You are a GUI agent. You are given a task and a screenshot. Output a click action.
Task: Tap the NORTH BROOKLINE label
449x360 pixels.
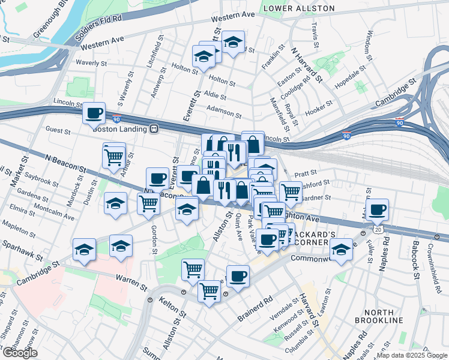pyautogui.click(x=379, y=317)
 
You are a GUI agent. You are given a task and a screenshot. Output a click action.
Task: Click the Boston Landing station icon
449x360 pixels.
pyautogui.click(x=154, y=128)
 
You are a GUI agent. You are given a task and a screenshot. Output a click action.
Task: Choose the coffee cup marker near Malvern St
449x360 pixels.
pyautogui.click(x=378, y=209)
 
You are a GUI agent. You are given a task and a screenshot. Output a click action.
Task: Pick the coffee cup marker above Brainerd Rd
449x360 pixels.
pyautogui.click(x=238, y=276)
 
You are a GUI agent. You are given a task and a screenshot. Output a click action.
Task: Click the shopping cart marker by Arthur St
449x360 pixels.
pyautogui.click(x=113, y=157)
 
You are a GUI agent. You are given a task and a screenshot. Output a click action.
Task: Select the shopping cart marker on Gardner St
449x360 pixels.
pyautogui.click(x=291, y=192)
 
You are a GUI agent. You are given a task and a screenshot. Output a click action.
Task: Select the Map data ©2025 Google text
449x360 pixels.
pyautogui.click(x=411, y=355)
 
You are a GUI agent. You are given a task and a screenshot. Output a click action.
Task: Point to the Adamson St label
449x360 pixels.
pyautogui.click(x=223, y=111)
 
